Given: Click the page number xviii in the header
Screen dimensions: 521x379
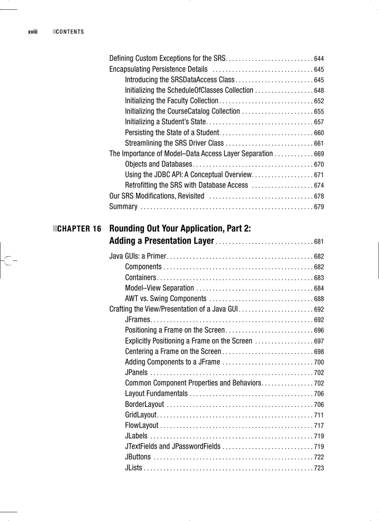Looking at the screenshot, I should [x=32, y=32].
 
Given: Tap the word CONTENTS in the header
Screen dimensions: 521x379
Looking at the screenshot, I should [x=70, y=32].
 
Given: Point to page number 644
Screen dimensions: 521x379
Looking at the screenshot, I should [x=319, y=59].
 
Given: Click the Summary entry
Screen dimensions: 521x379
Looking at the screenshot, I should [x=123, y=207].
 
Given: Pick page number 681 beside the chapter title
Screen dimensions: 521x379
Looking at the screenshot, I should [x=319, y=242].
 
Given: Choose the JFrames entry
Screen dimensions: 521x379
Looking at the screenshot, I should [x=137, y=320].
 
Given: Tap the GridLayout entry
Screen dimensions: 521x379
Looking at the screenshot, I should [x=141, y=415].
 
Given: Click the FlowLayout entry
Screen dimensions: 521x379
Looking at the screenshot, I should [x=142, y=425].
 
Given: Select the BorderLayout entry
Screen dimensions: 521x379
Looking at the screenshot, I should [x=144, y=404].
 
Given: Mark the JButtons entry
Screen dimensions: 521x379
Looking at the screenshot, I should [x=137, y=457].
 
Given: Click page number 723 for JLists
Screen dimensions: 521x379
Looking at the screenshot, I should [x=319, y=468].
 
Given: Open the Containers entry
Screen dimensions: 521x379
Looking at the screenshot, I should [x=140, y=277].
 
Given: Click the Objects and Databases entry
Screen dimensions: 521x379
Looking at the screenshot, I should [x=158, y=164].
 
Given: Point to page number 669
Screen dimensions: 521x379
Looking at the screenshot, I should [x=319, y=154].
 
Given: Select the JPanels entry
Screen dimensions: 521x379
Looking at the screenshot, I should [x=136, y=372].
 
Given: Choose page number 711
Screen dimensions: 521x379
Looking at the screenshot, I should [x=319, y=415].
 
